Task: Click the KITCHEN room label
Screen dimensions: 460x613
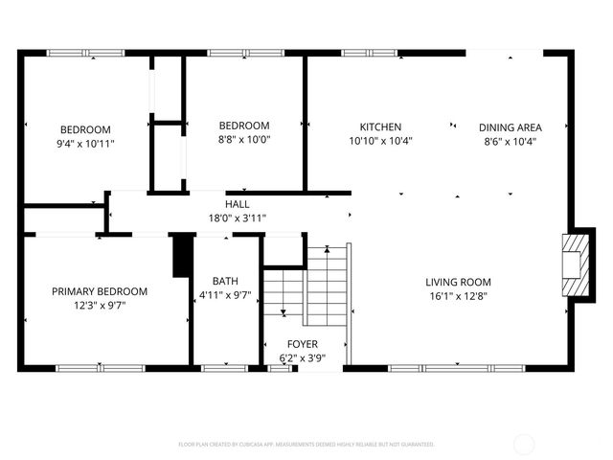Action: (380, 126)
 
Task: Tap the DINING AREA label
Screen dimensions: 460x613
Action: (510, 126)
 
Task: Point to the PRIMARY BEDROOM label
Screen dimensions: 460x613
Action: (100, 291)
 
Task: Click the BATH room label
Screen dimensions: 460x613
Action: (225, 281)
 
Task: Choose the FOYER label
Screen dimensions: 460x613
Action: (303, 344)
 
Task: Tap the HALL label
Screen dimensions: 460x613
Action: (238, 204)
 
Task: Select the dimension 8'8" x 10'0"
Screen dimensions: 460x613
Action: (244, 140)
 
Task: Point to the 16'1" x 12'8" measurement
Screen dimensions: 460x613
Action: (458, 296)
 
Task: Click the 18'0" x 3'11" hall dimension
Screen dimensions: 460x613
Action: (238, 218)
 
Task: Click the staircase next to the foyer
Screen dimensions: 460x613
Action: (306, 283)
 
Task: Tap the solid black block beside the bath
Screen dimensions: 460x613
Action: (181, 256)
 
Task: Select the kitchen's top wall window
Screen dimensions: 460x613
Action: (369, 53)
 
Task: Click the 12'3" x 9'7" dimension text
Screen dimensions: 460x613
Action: (100, 306)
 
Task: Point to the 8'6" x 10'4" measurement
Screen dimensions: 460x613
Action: (510, 141)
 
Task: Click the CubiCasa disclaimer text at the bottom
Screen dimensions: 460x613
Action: (306, 444)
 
